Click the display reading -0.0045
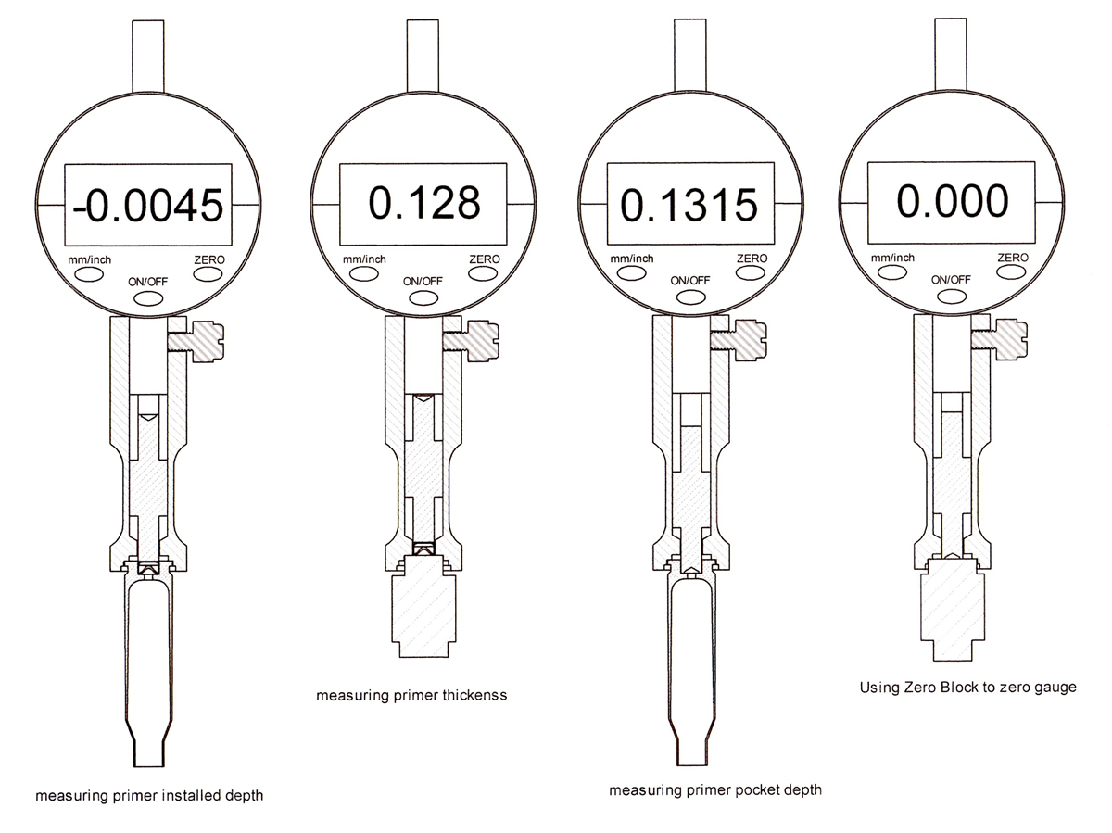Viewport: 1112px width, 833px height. (x=148, y=203)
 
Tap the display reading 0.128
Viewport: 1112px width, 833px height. (x=423, y=202)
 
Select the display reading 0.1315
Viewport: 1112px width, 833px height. (x=689, y=203)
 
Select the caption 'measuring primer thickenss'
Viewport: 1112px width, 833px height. (x=411, y=695)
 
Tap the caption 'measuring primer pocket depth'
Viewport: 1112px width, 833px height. (x=715, y=790)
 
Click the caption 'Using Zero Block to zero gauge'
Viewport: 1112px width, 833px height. (x=967, y=688)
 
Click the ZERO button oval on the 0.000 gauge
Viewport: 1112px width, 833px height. (x=1011, y=272)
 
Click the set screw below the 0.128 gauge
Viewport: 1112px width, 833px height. (x=472, y=340)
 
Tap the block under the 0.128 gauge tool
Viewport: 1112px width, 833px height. (x=423, y=612)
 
